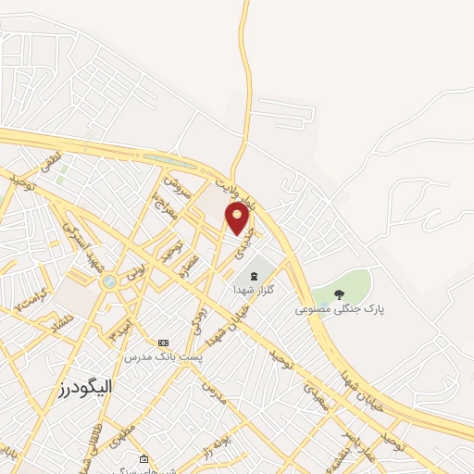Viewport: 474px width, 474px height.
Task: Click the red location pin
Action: (x=238, y=218)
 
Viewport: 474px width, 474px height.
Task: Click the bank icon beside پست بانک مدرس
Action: (x=165, y=343)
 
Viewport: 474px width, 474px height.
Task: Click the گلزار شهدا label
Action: (x=254, y=290)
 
